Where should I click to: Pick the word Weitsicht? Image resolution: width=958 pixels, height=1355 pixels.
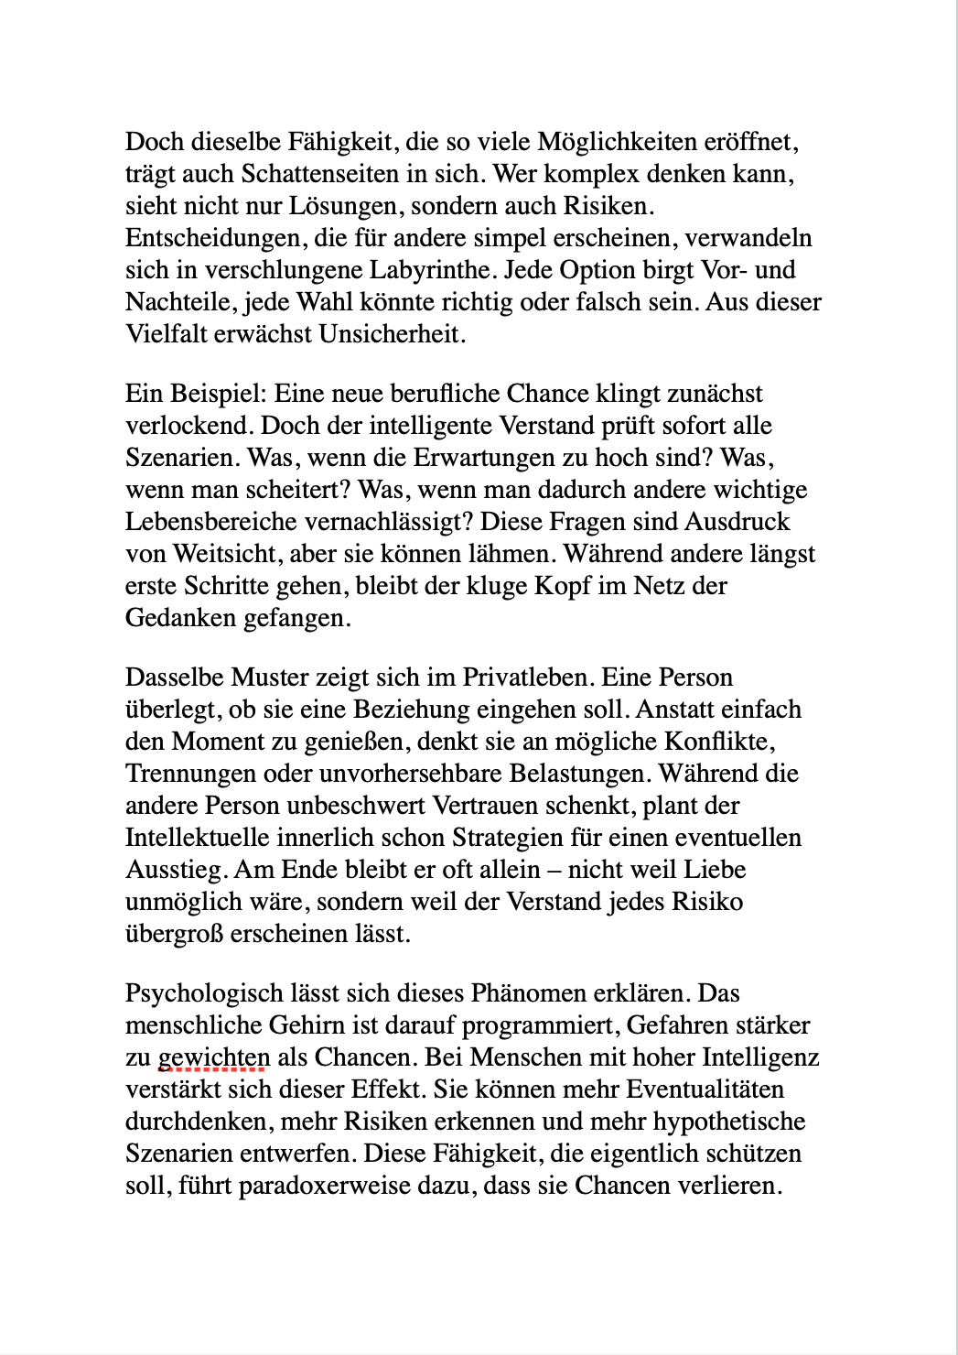(x=224, y=554)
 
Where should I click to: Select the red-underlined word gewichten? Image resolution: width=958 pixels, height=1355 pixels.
(x=214, y=1057)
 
